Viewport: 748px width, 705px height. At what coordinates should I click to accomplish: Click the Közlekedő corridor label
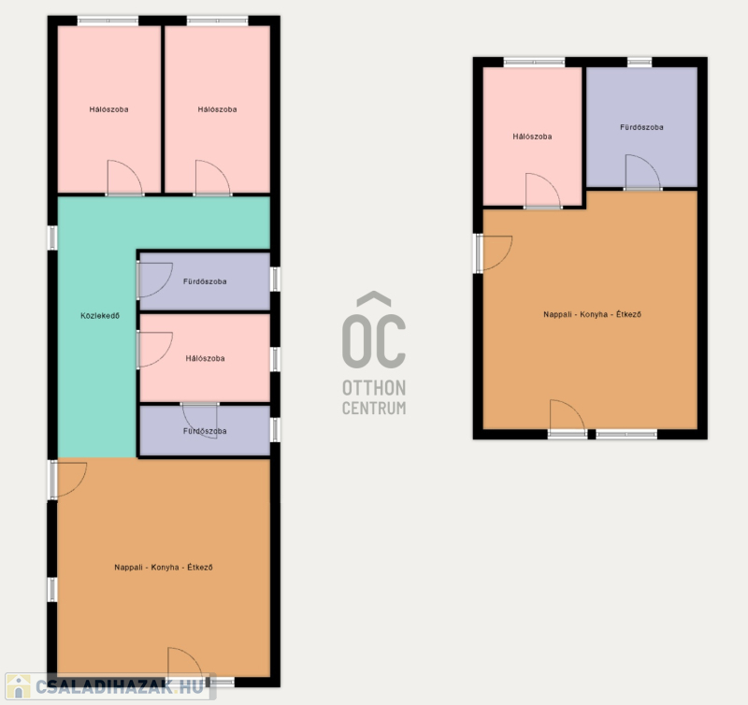(100, 316)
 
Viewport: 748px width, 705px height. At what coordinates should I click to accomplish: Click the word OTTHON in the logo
(374, 388)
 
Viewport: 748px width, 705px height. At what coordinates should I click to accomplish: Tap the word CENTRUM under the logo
(374, 409)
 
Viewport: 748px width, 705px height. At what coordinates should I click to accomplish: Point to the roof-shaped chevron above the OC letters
(374, 298)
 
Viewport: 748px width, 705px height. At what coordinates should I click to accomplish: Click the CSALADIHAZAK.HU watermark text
(121, 687)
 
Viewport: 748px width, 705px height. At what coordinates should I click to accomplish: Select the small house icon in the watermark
(18, 687)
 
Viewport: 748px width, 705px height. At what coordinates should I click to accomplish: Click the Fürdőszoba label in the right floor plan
(641, 127)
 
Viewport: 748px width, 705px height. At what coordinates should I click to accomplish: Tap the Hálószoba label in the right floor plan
(532, 137)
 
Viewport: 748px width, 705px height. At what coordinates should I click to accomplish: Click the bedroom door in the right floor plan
(543, 192)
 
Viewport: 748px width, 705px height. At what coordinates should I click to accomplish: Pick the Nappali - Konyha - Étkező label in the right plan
(593, 314)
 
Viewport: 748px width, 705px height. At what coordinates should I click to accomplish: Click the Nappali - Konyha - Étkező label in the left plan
(164, 568)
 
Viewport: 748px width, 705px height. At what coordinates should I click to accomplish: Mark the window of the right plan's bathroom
(640, 62)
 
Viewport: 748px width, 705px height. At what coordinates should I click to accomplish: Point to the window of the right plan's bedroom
(534, 62)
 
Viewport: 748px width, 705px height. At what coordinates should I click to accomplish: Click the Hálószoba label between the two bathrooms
(205, 358)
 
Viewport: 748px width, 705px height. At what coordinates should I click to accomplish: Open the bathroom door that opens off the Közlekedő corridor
(154, 281)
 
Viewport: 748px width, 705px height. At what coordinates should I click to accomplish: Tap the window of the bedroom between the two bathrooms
(275, 359)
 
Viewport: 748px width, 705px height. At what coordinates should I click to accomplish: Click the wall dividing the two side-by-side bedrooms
(163, 109)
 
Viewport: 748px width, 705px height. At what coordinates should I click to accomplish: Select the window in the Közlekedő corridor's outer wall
(52, 237)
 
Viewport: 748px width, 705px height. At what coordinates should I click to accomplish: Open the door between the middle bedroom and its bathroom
(200, 420)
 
